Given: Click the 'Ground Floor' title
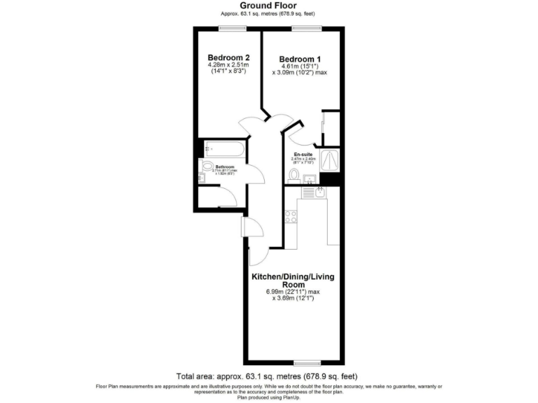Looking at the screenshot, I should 269,6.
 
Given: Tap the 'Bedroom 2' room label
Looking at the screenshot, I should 229,57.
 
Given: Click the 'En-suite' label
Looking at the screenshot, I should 303,153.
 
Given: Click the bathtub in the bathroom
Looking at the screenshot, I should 224,149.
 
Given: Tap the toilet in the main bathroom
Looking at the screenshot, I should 208,167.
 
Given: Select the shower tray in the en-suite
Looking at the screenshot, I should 328,158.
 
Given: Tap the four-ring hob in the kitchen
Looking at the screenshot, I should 291,217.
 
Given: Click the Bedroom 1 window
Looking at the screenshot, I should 307,28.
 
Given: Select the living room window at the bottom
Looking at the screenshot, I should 307,362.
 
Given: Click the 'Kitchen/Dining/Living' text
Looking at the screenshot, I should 294,277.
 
